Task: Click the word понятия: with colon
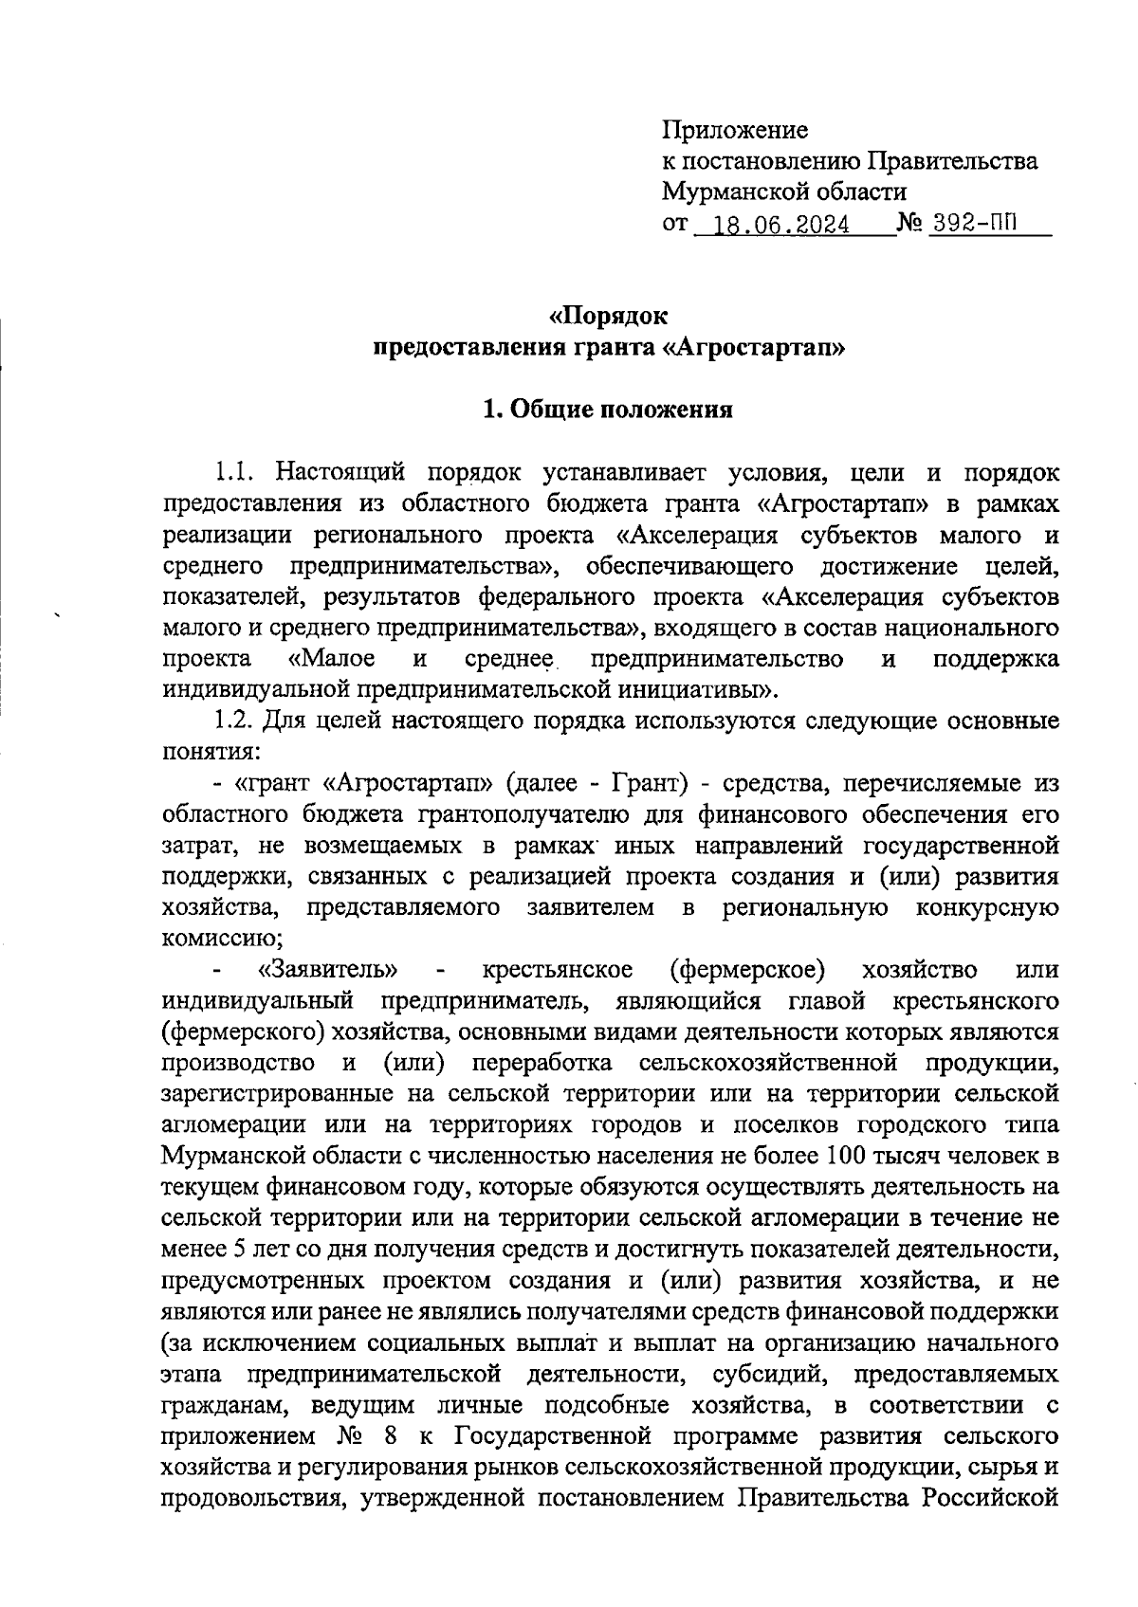pyautogui.click(x=207, y=752)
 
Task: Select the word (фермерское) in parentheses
pyautogui.click(x=746, y=970)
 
